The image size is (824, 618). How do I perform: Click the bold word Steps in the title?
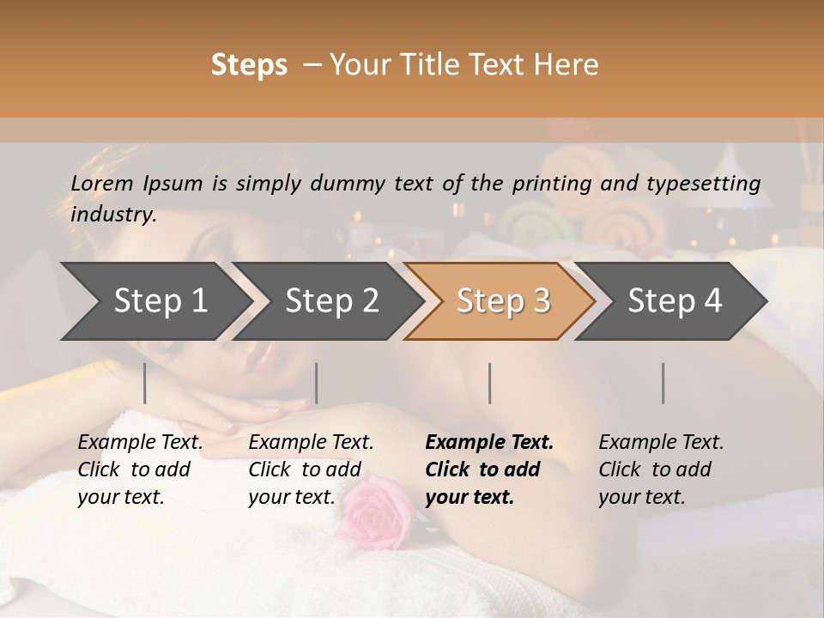(249, 65)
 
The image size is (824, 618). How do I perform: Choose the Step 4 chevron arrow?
(673, 301)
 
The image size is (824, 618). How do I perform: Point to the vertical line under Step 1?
(145, 383)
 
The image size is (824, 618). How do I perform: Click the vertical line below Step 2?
(317, 383)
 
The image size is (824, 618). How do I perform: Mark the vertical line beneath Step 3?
(490, 383)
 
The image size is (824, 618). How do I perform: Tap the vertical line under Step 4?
(663, 383)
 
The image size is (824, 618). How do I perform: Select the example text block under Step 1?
(140, 470)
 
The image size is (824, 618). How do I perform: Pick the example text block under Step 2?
(311, 470)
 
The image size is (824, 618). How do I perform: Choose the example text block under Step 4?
(661, 470)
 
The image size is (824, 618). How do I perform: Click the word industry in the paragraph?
(112, 215)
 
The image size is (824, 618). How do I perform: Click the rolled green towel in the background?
(524, 225)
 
